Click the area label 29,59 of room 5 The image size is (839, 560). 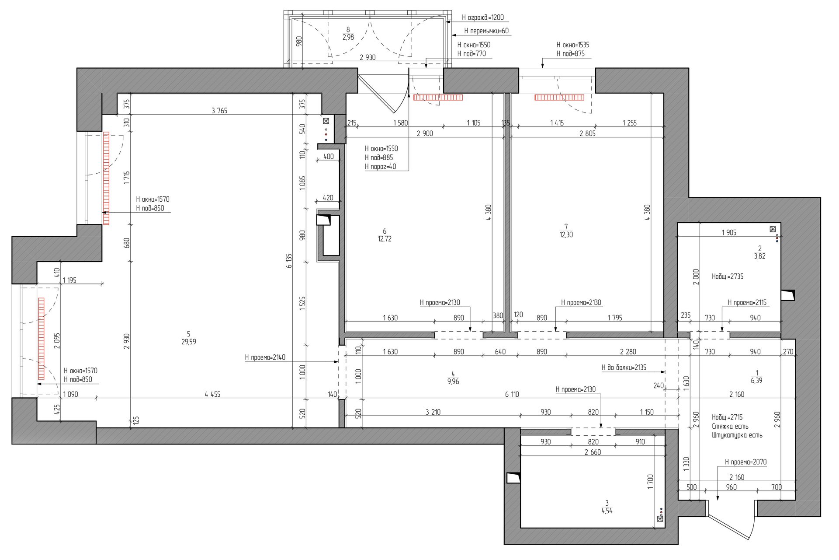click(188, 342)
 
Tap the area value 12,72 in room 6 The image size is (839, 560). click(385, 239)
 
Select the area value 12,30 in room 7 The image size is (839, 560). click(566, 234)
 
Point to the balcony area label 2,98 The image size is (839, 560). click(348, 38)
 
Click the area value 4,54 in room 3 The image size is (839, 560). click(607, 510)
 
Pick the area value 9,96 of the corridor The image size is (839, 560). click(453, 381)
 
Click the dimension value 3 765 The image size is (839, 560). click(219, 111)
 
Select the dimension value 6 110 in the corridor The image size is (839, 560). click(512, 394)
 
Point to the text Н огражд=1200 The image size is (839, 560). click(483, 18)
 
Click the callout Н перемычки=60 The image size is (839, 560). click(486, 31)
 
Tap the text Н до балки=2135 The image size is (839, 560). click(624, 367)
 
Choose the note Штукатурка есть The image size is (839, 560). click(737, 435)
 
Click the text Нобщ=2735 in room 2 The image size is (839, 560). click(728, 276)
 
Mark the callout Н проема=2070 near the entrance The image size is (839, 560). click(745, 462)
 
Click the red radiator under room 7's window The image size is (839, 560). click(559, 98)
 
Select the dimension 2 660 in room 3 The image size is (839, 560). click(593, 452)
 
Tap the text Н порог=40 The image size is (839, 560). click(380, 167)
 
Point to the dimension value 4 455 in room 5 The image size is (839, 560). click(213, 394)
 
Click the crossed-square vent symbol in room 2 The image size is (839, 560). click(773, 229)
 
